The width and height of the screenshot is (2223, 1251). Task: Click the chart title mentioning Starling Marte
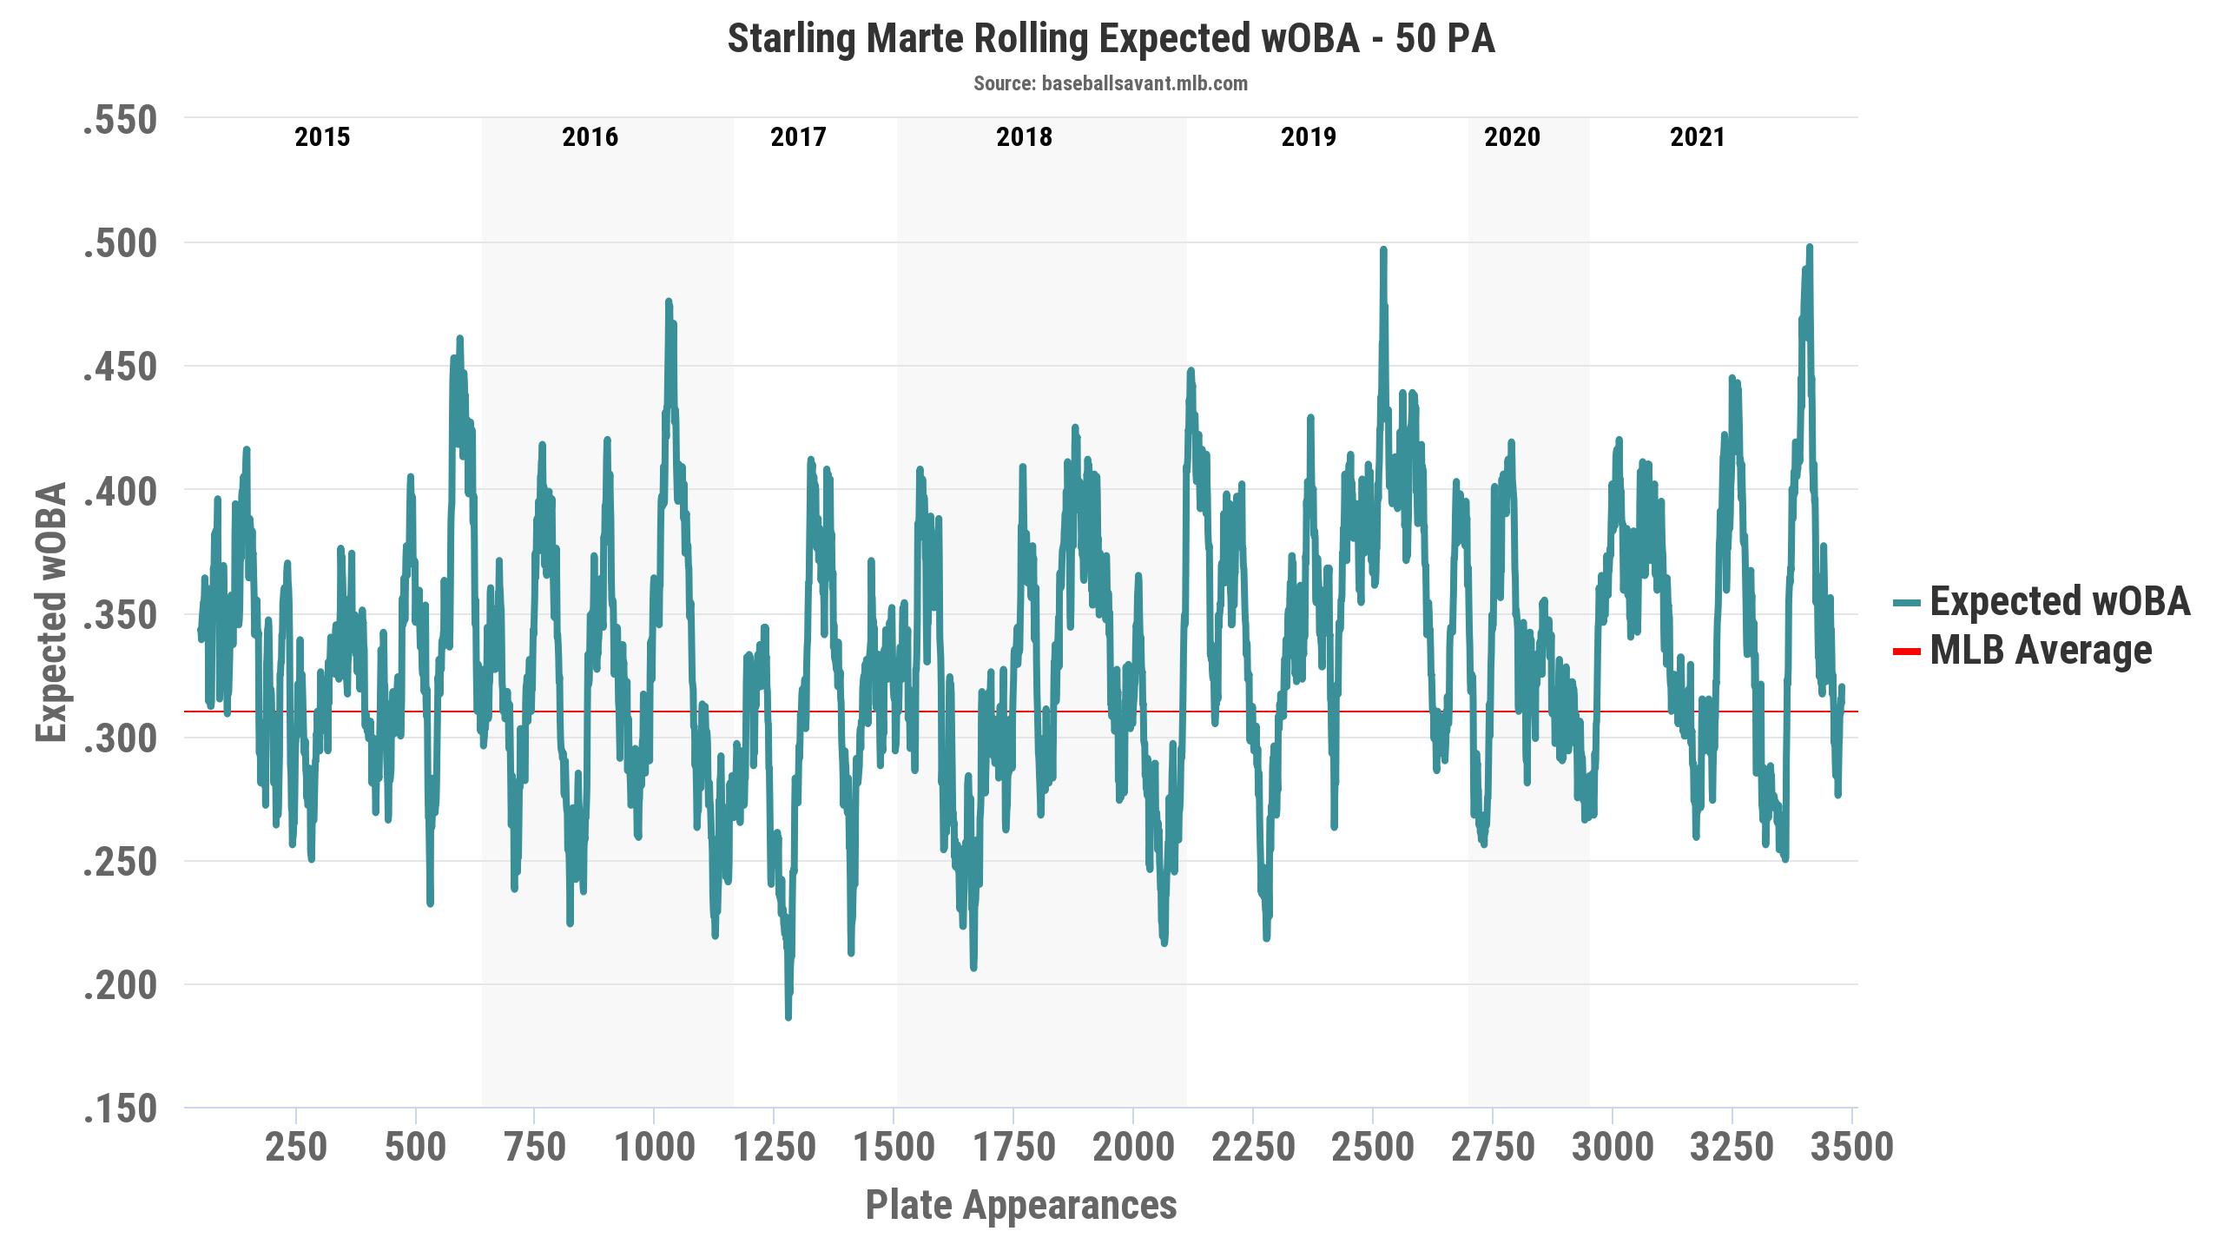click(x=1111, y=40)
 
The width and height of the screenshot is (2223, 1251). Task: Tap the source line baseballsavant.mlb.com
click(x=1111, y=84)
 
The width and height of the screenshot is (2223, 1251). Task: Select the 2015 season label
click(x=322, y=137)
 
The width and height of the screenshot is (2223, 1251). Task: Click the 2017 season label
click(x=798, y=137)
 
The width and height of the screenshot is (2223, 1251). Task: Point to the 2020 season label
click(x=1512, y=137)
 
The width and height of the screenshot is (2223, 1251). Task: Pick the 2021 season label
click(x=1697, y=137)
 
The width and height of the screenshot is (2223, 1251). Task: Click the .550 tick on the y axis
click(x=120, y=120)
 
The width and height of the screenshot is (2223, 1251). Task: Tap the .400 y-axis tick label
click(x=120, y=491)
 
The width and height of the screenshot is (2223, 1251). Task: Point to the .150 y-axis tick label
click(x=120, y=1109)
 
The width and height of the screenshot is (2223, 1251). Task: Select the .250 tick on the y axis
click(x=120, y=862)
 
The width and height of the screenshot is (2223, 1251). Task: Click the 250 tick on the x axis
click(x=296, y=1148)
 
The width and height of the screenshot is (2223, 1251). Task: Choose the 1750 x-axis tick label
click(x=1013, y=1148)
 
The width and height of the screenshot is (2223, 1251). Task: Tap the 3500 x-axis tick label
click(x=1850, y=1148)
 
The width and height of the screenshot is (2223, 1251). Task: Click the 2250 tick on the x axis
click(x=1252, y=1148)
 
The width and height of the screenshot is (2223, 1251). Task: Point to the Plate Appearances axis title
click(x=1021, y=1206)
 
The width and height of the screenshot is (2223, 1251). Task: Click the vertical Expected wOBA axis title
click(x=52, y=612)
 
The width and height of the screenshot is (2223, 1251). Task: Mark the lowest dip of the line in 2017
click(x=788, y=1017)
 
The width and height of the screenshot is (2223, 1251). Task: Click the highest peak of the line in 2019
click(x=1383, y=249)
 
